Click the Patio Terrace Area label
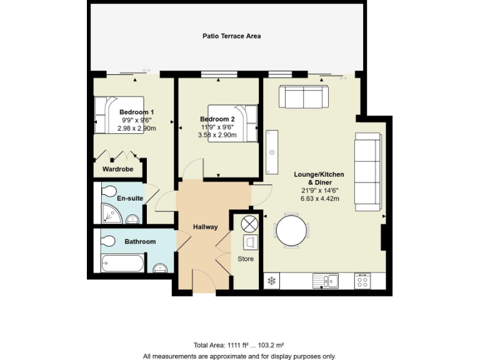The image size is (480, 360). [x=231, y=36]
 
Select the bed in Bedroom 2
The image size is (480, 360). [x=232, y=122]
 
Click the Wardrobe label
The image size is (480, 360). [x=118, y=169]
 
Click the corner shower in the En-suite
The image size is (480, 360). [x=111, y=214]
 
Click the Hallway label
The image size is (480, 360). [x=205, y=227]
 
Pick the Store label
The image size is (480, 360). [x=246, y=259]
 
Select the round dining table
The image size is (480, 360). [x=292, y=231]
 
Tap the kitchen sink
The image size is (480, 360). [x=327, y=281]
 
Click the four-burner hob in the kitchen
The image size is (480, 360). [x=363, y=281]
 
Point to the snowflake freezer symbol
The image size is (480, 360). [x=272, y=281]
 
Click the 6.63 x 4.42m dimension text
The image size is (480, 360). [x=319, y=199]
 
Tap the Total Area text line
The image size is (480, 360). [x=239, y=345]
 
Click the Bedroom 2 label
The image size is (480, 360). [x=217, y=119]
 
